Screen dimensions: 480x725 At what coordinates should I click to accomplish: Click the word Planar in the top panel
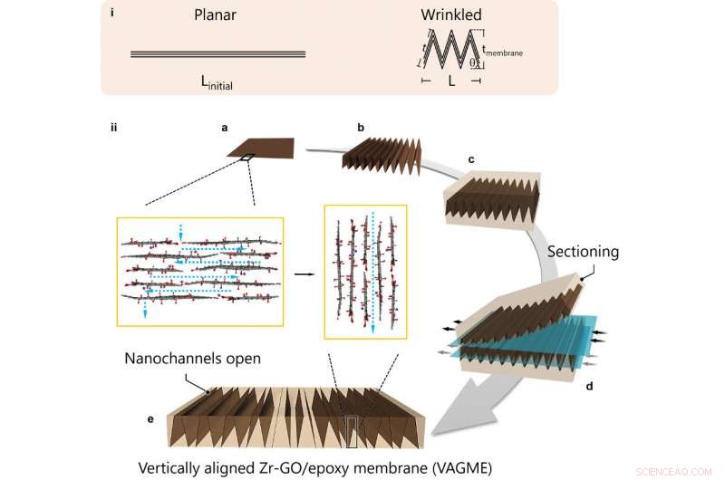[x=216, y=15]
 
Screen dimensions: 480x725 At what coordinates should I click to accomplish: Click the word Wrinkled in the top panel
[x=450, y=15]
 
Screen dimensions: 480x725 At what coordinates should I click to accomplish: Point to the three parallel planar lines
[x=217, y=54]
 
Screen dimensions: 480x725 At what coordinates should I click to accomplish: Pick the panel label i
[x=111, y=14]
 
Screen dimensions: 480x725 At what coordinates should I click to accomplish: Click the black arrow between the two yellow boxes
[x=304, y=271]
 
